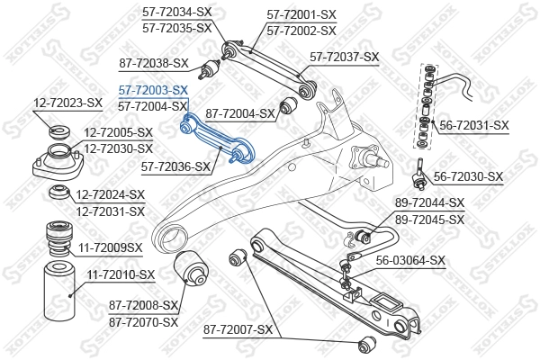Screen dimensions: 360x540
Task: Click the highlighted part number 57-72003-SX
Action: (x=153, y=90)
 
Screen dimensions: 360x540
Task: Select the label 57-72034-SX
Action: (x=176, y=12)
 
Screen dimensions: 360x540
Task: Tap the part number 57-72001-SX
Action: (x=301, y=14)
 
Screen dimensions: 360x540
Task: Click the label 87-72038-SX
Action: (x=153, y=63)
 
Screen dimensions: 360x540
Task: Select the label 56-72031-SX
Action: (x=474, y=126)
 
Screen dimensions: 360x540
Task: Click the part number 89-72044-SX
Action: (x=429, y=203)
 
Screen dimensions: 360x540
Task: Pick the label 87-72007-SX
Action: (x=238, y=330)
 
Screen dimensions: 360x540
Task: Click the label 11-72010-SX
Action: (x=121, y=274)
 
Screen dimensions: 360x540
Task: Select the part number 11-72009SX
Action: (x=110, y=246)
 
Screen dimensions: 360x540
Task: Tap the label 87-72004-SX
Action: (x=240, y=113)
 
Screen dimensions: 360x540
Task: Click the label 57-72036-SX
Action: (x=175, y=166)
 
